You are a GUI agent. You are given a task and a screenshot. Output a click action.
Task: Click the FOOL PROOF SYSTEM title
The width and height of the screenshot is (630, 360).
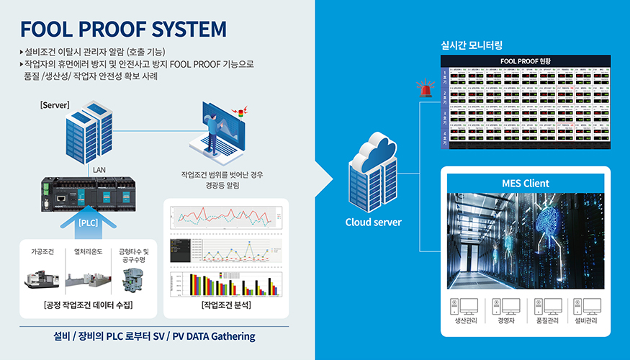[x=123, y=29]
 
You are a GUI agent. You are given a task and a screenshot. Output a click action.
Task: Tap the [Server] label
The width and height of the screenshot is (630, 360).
[x=55, y=105]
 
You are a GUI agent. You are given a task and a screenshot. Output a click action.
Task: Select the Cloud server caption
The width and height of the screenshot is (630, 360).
[x=373, y=222]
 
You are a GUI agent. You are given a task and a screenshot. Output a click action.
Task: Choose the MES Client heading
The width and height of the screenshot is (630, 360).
[x=525, y=183]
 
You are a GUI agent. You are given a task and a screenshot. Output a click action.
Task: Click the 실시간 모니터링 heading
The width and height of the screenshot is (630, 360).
[x=471, y=45]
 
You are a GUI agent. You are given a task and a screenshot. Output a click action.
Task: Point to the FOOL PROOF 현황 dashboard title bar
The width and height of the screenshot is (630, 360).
[x=525, y=60]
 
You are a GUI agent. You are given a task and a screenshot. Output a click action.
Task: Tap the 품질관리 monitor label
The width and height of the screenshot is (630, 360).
[x=547, y=320]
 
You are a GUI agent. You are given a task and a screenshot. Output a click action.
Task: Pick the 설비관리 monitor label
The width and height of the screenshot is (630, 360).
[x=588, y=320]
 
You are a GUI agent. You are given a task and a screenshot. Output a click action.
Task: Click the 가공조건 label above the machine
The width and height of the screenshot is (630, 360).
[x=42, y=251]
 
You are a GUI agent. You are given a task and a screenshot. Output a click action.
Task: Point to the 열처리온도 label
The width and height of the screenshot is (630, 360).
[x=87, y=251]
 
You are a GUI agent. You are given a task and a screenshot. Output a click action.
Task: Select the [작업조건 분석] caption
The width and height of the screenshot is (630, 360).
[x=226, y=306]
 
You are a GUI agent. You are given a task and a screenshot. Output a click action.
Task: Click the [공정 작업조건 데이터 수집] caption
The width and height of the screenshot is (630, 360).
[x=89, y=306]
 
